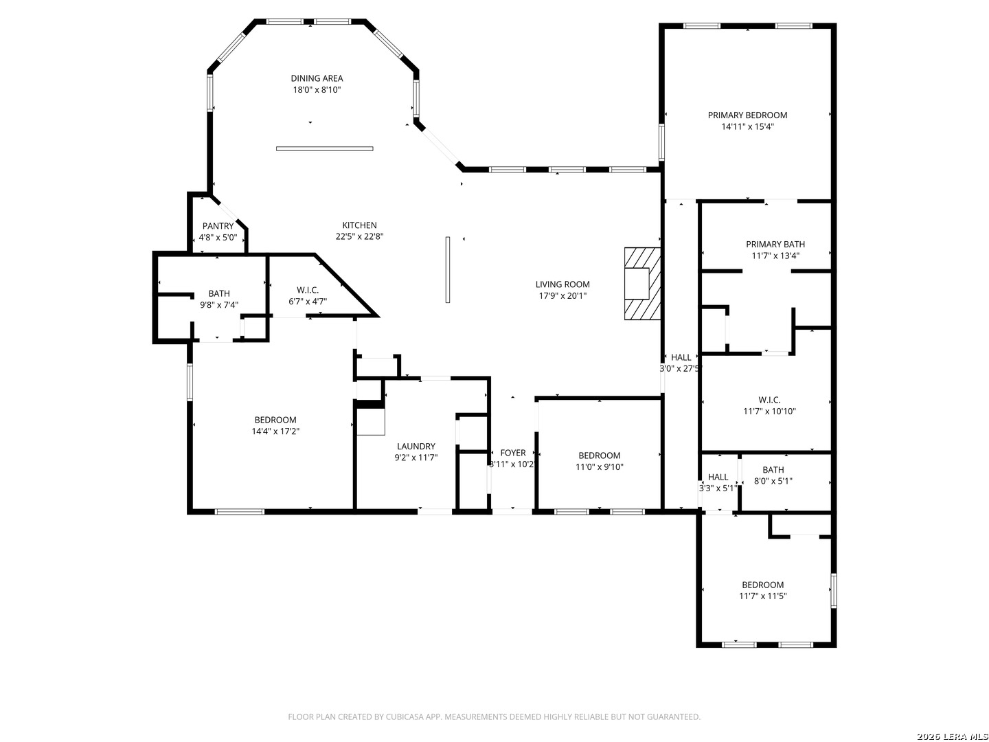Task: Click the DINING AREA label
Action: [x=317, y=78]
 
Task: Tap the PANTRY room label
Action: [x=218, y=226]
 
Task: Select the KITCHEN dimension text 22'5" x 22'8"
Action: [x=360, y=236]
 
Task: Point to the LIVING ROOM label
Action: [x=562, y=284]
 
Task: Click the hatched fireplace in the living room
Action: [x=642, y=284]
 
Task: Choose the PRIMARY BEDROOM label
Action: [x=747, y=115]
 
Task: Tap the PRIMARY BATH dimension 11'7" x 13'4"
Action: [x=775, y=256]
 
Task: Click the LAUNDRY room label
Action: [x=416, y=447]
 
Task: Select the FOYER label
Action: [x=513, y=453]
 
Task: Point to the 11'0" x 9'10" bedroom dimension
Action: [x=600, y=467]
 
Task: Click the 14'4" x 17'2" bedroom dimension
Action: [x=275, y=431]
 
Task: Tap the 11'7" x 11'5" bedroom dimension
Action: [x=763, y=596]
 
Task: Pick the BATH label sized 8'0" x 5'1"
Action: [x=773, y=470]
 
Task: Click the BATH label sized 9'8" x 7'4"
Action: [x=219, y=294]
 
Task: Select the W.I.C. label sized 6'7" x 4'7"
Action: [x=308, y=290]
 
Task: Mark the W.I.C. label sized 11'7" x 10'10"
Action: [x=769, y=400]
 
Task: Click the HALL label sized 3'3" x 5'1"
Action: [x=718, y=477]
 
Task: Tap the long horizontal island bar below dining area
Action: [x=324, y=148]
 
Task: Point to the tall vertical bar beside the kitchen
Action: [x=447, y=270]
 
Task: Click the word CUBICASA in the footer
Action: [x=405, y=717]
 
